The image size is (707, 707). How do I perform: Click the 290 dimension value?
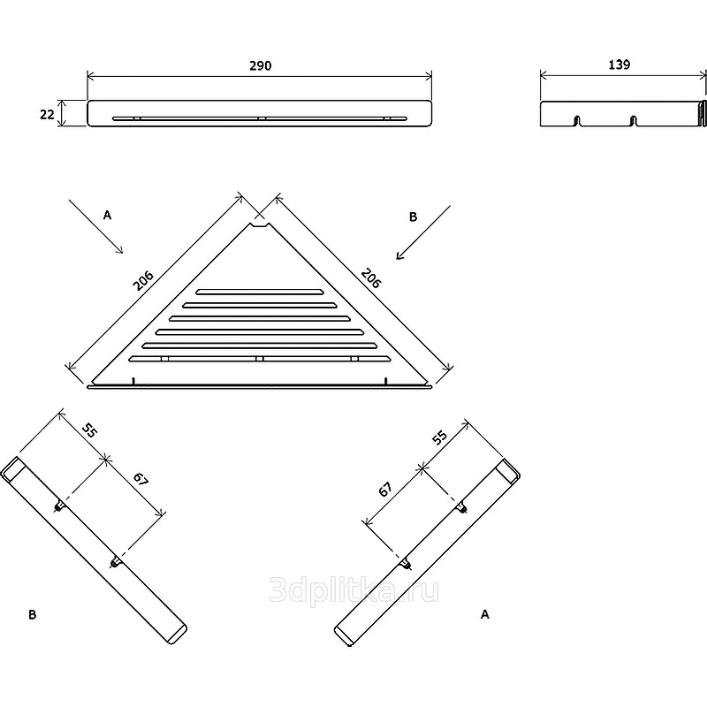(x=261, y=65)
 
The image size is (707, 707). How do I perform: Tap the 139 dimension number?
(x=620, y=65)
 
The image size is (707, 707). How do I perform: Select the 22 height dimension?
(x=47, y=115)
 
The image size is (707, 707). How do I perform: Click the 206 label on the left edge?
(x=143, y=280)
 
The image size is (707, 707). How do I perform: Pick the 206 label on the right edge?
(x=371, y=277)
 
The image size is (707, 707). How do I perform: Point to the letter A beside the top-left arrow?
(x=107, y=216)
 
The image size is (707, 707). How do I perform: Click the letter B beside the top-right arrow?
(x=413, y=217)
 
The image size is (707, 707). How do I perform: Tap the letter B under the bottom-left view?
(x=32, y=614)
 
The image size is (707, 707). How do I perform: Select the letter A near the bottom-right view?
(x=484, y=614)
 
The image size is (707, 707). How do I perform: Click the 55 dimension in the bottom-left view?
(x=89, y=430)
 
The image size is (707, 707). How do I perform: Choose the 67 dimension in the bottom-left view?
(x=141, y=479)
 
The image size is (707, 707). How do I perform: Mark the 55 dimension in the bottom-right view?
(x=439, y=437)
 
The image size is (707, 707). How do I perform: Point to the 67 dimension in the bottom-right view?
(x=385, y=490)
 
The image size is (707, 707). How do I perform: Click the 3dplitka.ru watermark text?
(x=353, y=589)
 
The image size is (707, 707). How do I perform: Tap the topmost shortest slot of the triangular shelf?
(x=259, y=292)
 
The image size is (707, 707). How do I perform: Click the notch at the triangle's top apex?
(x=260, y=224)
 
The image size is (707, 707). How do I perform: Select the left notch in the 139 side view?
(x=577, y=121)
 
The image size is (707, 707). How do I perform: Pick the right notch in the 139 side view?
(x=634, y=121)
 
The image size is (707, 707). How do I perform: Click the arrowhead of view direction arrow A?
(x=120, y=251)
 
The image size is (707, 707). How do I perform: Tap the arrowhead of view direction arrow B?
(x=399, y=256)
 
